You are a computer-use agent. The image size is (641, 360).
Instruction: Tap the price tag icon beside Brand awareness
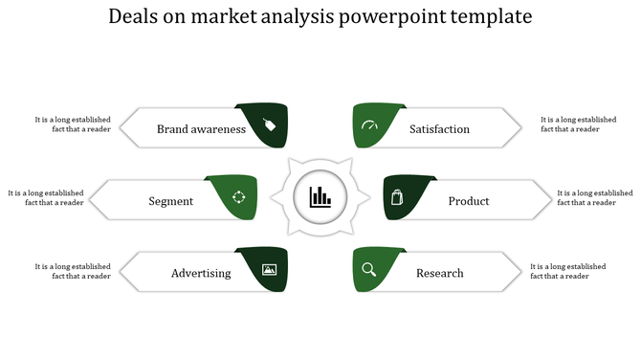(270, 124)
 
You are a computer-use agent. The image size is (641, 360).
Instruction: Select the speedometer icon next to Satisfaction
(369, 126)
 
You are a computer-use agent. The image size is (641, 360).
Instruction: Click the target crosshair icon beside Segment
(239, 197)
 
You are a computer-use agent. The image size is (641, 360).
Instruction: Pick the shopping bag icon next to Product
(398, 198)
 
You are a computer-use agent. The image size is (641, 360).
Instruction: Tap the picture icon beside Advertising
(269, 270)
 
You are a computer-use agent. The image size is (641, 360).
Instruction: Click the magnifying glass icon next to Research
(369, 270)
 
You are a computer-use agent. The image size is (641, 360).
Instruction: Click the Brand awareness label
(201, 129)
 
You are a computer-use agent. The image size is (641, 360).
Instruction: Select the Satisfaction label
(439, 129)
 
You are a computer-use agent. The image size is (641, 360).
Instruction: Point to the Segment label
(171, 201)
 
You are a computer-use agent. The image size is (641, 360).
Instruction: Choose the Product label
(469, 201)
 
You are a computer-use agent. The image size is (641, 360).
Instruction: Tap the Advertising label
(201, 273)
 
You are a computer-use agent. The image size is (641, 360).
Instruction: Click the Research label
(439, 273)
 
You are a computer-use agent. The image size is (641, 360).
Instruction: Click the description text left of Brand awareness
(73, 124)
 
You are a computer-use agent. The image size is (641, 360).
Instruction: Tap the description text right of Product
(594, 197)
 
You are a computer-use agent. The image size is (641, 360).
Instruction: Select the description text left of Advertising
(73, 271)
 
